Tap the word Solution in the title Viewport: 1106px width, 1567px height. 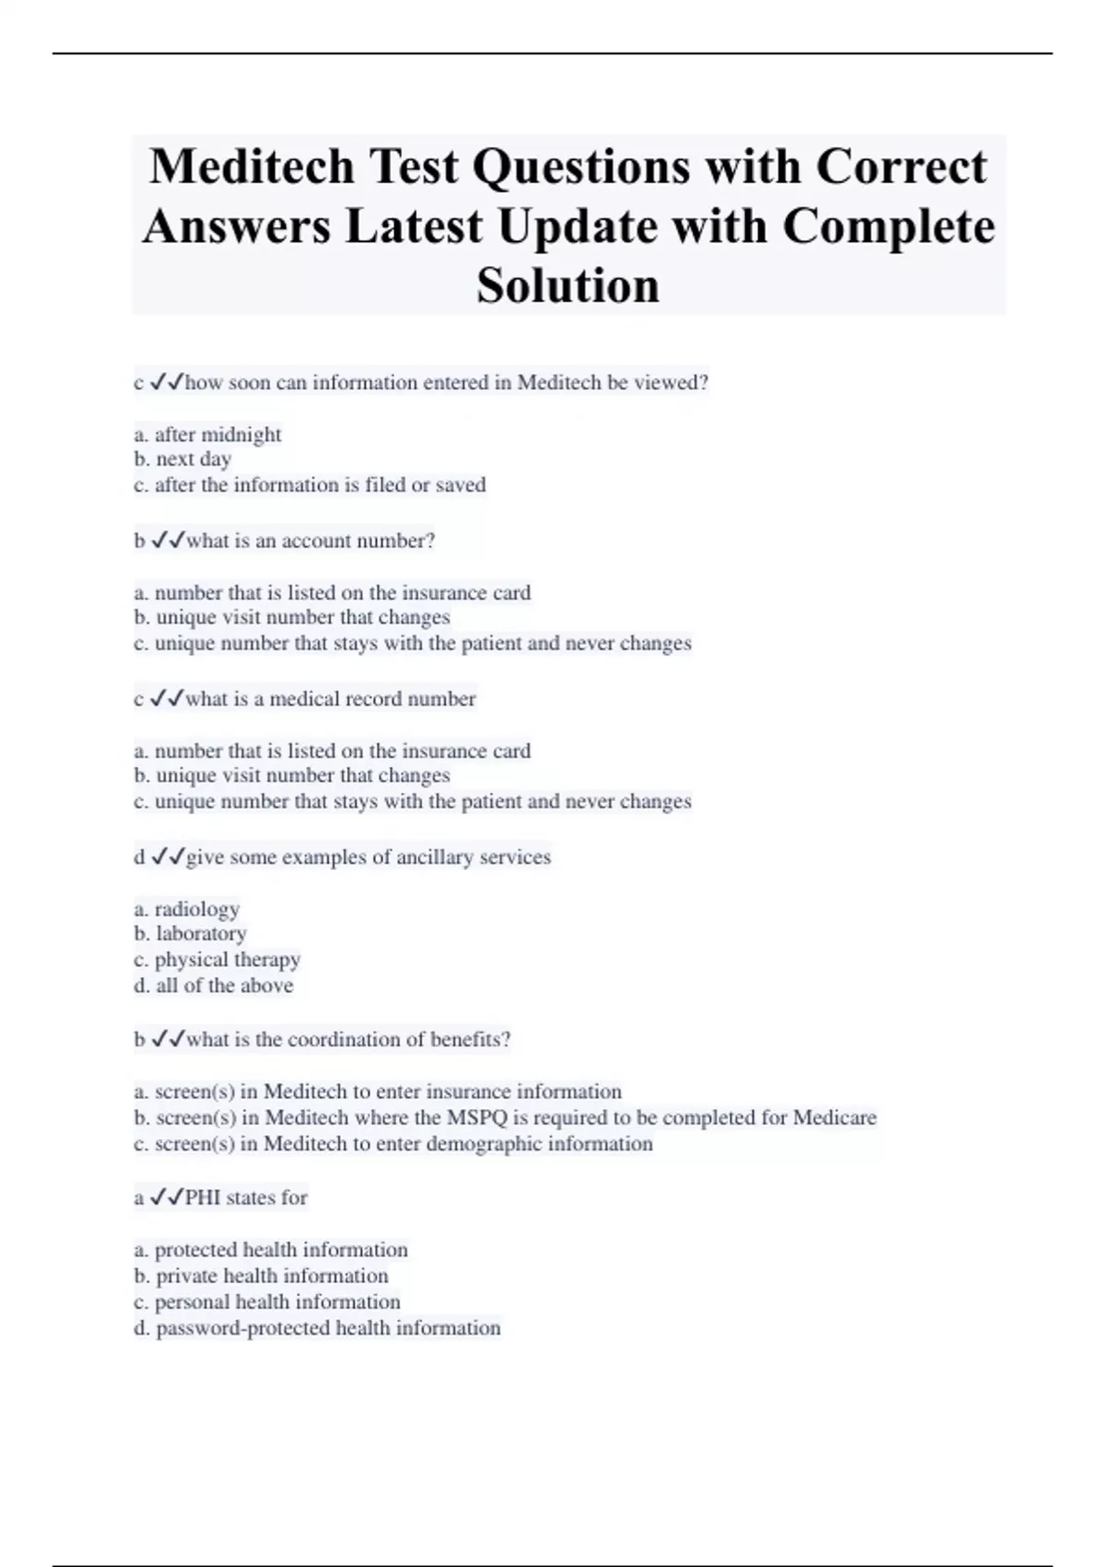click(568, 285)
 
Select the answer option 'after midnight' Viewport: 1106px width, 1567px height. click(207, 434)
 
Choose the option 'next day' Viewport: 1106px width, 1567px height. click(182, 459)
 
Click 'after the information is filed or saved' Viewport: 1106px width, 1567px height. click(310, 485)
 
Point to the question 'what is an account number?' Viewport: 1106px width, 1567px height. click(310, 541)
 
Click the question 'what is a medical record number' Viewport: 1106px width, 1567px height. click(330, 699)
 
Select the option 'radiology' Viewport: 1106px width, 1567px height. click(187, 909)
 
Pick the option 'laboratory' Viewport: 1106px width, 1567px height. click(191, 934)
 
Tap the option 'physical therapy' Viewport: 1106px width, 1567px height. click(218, 960)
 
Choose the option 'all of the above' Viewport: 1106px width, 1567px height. click(214, 985)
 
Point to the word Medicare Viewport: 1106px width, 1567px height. click(834, 1118)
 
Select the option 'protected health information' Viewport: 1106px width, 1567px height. click(271, 1250)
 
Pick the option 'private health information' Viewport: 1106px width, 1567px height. click(262, 1276)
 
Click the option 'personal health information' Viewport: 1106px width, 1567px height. click(267, 1302)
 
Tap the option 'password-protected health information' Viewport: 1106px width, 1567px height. click(318, 1328)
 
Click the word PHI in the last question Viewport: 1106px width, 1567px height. click(203, 1197)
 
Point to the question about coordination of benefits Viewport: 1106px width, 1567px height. click(347, 1040)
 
